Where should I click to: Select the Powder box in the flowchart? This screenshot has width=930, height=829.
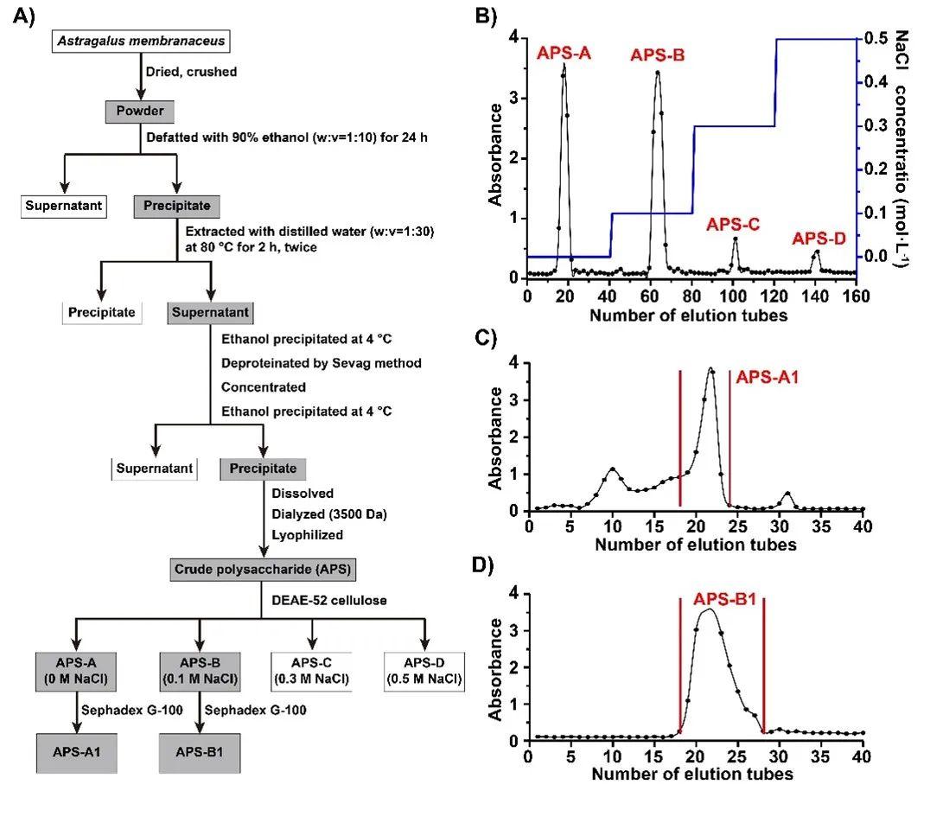pyautogui.click(x=139, y=111)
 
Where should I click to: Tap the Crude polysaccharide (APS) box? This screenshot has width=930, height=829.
pyautogui.click(x=260, y=569)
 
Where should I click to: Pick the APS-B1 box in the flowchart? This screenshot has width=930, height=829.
pyautogui.click(x=200, y=751)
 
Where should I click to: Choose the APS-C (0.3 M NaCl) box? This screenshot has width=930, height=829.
pyautogui.click(x=312, y=671)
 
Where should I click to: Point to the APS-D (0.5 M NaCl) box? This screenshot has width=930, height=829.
pyautogui.click(x=424, y=671)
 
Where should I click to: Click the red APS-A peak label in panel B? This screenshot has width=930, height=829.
pyautogui.click(x=564, y=53)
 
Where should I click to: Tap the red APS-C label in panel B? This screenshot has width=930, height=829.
pyautogui.click(x=733, y=225)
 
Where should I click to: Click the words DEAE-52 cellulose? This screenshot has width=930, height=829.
pyautogui.click(x=325, y=600)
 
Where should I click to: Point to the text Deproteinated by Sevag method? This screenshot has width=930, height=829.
pyautogui.click(x=322, y=363)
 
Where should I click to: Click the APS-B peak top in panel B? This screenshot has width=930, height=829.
pyautogui.click(x=659, y=73)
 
